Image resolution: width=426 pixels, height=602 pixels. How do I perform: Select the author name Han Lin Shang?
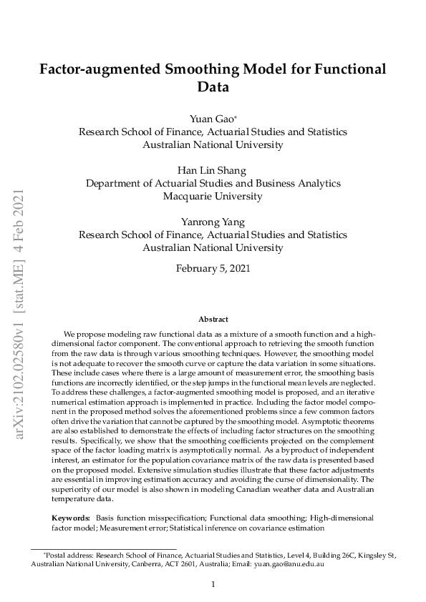[x=213, y=169]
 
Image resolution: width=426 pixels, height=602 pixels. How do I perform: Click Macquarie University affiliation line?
[x=213, y=196]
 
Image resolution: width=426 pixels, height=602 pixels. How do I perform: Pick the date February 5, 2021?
[x=213, y=269]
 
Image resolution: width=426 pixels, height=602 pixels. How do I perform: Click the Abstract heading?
[x=213, y=320]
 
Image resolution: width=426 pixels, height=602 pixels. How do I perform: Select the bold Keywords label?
[x=70, y=517]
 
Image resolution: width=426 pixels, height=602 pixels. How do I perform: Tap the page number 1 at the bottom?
[x=213, y=584]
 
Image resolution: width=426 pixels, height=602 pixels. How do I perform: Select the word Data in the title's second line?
[x=213, y=88]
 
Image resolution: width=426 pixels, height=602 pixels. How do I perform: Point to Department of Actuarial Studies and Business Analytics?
[x=213, y=183]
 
